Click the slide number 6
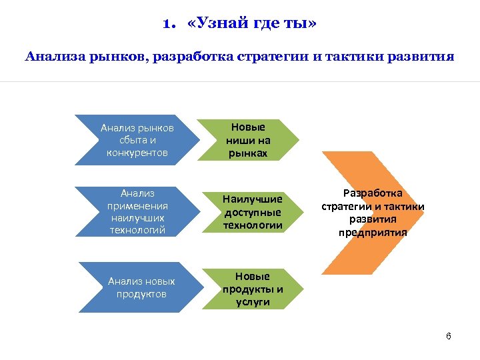pos(449,336)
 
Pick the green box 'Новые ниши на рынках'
pos(248,140)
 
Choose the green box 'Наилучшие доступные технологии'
pos(252,212)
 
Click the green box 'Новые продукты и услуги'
pos(252,289)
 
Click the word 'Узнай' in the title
pos(219,25)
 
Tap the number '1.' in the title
pos(169,25)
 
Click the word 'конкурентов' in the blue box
pos(137,153)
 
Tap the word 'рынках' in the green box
pos(248,153)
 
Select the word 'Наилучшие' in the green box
pos(253,199)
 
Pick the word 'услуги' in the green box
pos(252,301)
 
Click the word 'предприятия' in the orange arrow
pos(373,233)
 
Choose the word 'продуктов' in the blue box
pos(141,294)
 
